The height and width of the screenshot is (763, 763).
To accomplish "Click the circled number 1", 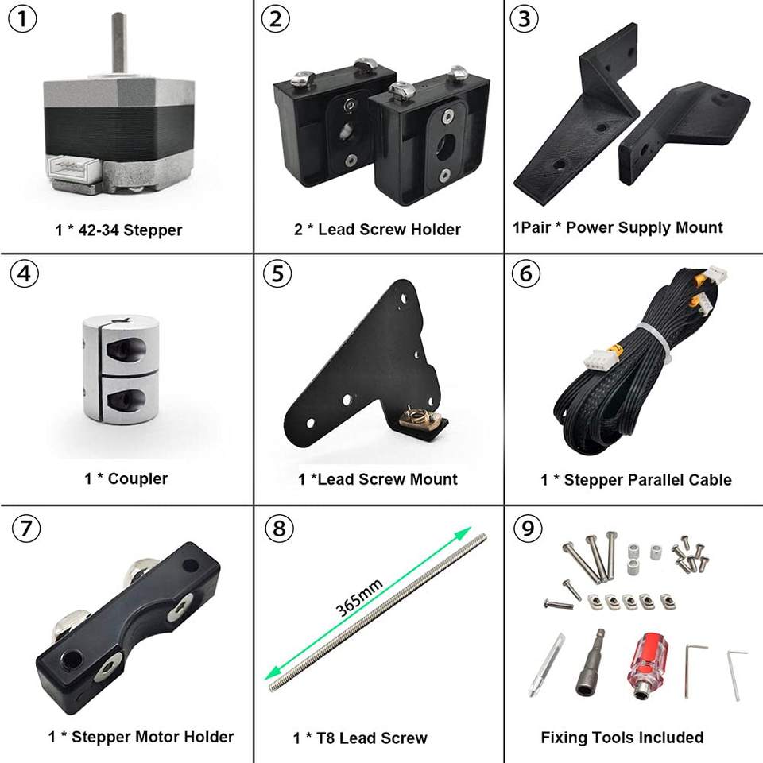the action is pyautogui.click(x=22, y=19).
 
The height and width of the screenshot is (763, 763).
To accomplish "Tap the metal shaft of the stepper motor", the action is pyautogui.click(x=119, y=44).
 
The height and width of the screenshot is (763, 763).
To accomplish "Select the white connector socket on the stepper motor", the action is pyautogui.click(x=73, y=168).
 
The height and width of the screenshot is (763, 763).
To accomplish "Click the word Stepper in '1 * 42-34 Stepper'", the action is pyautogui.click(x=153, y=230).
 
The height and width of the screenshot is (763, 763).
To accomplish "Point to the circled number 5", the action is pyautogui.click(x=277, y=273).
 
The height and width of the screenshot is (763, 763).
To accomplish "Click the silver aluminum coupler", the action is pyautogui.click(x=121, y=374).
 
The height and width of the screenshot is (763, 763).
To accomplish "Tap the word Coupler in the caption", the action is pyautogui.click(x=137, y=478).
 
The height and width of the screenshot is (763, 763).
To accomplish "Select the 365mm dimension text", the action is pyautogui.click(x=359, y=597).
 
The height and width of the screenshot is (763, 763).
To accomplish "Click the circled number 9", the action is pyautogui.click(x=528, y=529).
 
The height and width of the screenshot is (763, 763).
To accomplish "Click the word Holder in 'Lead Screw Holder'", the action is pyautogui.click(x=436, y=230).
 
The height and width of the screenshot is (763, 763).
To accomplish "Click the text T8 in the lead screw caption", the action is pyautogui.click(x=326, y=738).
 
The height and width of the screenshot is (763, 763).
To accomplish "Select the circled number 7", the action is pyautogui.click(x=26, y=529).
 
